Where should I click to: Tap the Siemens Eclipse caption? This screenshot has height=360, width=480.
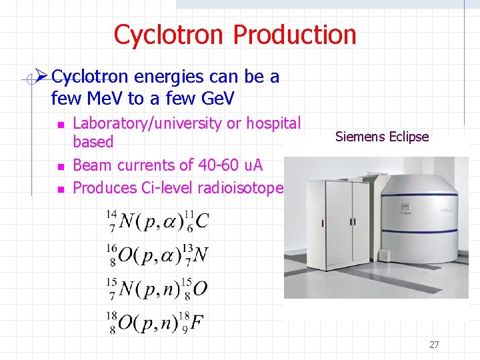(382, 137)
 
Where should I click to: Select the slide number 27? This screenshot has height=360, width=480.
(434, 345)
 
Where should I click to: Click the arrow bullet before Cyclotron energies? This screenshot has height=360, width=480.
(41, 77)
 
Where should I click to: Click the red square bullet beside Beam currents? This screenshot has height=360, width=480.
(59, 166)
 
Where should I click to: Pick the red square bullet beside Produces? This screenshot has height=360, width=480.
(59, 189)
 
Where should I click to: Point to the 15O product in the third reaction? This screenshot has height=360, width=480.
(196, 289)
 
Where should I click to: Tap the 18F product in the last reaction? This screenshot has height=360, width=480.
(194, 323)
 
